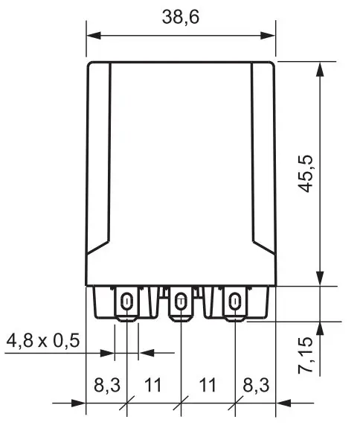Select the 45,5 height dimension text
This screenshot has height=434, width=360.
click(304, 175)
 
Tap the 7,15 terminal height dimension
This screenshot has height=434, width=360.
click(305, 357)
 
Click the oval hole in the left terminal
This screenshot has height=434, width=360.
click(127, 301)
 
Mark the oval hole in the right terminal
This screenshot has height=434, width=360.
click(235, 301)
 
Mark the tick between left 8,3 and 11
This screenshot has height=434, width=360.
click(127, 403)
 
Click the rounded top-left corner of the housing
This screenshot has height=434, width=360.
click(91, 65)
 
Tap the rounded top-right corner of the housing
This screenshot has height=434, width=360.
click(272, 65)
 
